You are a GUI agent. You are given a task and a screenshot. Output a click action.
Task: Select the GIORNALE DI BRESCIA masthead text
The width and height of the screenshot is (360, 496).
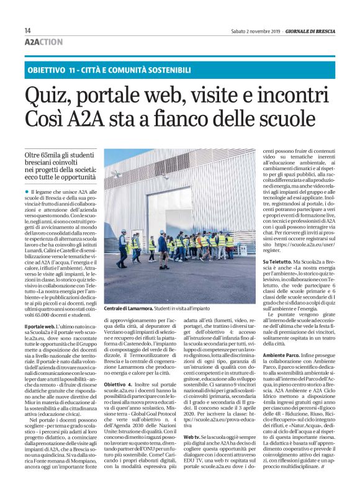(x=307, y=31)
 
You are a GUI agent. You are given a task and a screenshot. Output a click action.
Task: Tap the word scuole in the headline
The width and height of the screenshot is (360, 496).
(x=300, y=122)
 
